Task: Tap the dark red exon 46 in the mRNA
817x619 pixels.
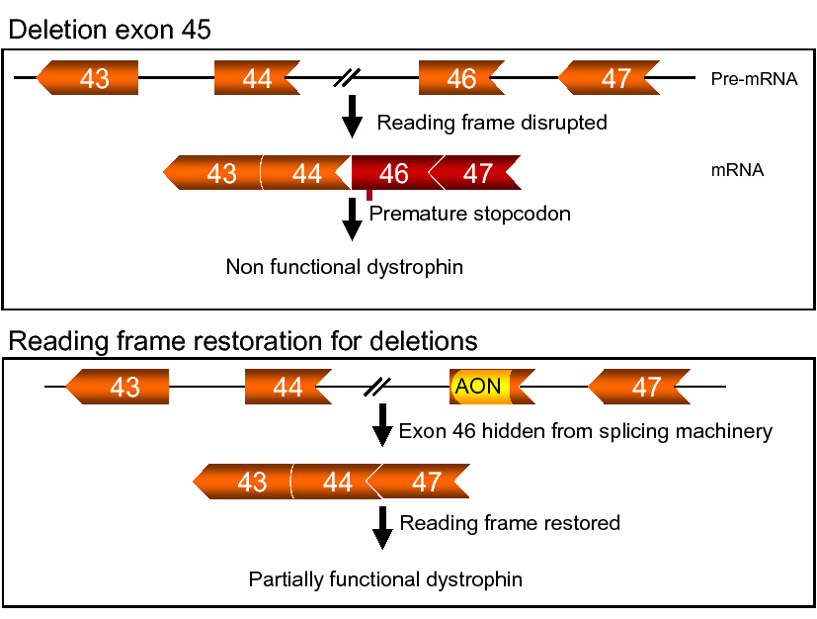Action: pos(392,174)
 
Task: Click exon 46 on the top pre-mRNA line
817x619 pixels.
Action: pos(460,78)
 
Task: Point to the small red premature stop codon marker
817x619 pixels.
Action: pos(369,195)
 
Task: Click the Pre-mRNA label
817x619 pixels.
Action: pos(754,79)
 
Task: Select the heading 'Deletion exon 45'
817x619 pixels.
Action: pos(109,31)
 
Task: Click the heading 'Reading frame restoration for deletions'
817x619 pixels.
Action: pos(243,341)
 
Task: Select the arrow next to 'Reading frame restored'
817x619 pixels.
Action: pos(382,526)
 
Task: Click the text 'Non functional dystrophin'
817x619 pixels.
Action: pos(344,267)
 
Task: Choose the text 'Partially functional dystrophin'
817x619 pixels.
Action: pos(385,578)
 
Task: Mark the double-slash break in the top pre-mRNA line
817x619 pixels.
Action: pos(347,78)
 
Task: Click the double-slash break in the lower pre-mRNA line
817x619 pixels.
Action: pos(377,386)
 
